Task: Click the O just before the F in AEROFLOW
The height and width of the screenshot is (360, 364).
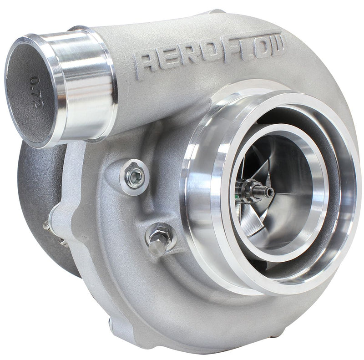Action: pos(206,54)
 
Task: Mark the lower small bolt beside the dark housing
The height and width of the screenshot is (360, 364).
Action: pos(64,242)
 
